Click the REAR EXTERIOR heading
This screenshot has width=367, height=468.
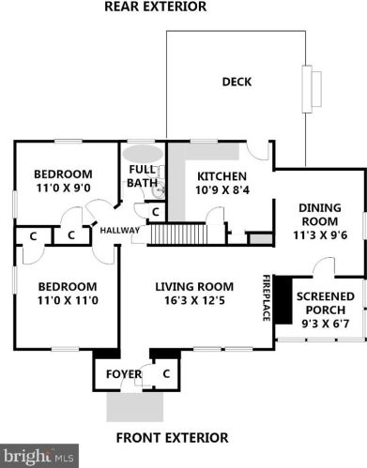click(155, 8)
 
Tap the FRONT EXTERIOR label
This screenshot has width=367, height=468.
click(171, 437)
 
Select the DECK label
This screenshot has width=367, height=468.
click(237, 82)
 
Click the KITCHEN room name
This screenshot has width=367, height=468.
click(222, 175)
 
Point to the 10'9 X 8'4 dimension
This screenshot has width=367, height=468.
click(222, 189)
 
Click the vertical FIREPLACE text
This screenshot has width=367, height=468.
click(266, 297)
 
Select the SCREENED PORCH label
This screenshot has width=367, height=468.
click(325, 304)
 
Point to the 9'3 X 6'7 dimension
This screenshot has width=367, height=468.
click(325, 324)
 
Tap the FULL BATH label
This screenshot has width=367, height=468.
click(142, 176)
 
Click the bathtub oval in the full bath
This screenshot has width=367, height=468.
click(143, 154)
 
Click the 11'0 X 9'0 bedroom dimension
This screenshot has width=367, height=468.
click(63, 189)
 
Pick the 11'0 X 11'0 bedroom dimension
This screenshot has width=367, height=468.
click(67, 300)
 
